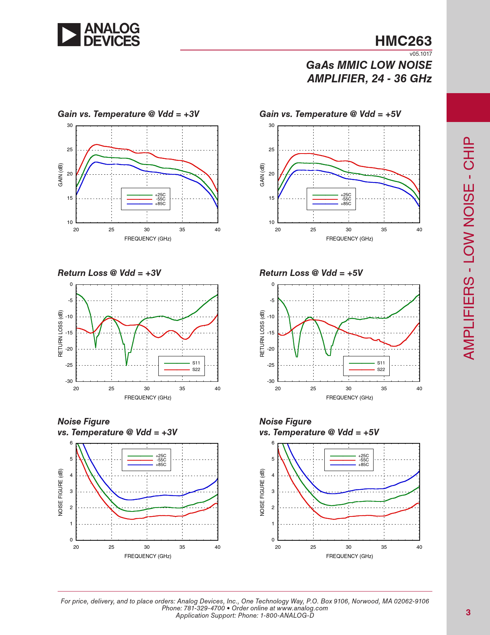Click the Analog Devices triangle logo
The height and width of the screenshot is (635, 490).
click(69, 35)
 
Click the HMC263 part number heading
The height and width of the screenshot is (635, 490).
click(403, 41)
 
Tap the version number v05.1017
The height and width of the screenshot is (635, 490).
click(420, 54)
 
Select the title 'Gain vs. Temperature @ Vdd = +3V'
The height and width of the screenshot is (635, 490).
click(128, 114)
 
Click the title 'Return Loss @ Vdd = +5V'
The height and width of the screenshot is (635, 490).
click(311, 273)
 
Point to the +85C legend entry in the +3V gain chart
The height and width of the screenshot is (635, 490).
click(160, 204)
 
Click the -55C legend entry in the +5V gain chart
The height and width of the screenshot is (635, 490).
click(346, 199)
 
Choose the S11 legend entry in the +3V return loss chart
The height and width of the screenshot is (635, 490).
click(196, 363)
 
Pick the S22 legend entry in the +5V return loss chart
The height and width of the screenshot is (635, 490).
click(381, 369)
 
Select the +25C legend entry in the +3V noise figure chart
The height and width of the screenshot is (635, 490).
click(161, 456)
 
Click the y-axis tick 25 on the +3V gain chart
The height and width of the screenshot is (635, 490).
click(70, 150)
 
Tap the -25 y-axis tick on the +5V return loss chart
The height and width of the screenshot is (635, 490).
click(271, 365)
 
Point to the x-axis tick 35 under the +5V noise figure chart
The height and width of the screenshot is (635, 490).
click(384, 547)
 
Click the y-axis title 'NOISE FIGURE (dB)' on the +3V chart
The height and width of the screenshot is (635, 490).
click(60, 492)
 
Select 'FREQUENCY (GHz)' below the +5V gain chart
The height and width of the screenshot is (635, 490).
click(349, 239)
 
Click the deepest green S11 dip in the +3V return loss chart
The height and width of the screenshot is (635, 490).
click(126, 364)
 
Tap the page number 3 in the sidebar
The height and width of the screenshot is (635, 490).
click(468, 612)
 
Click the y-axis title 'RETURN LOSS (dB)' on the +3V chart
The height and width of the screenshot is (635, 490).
click(60, 333)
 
